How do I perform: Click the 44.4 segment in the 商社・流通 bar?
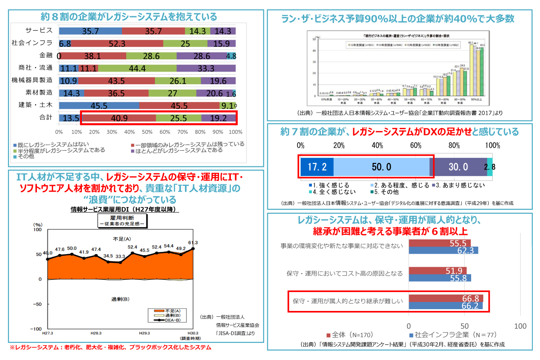click(137, 68)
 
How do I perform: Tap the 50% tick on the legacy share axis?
click(147, 132)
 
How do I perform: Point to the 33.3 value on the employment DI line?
click(120, 256)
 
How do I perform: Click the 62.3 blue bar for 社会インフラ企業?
click(443, 250)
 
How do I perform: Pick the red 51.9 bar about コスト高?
click(437, 270)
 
